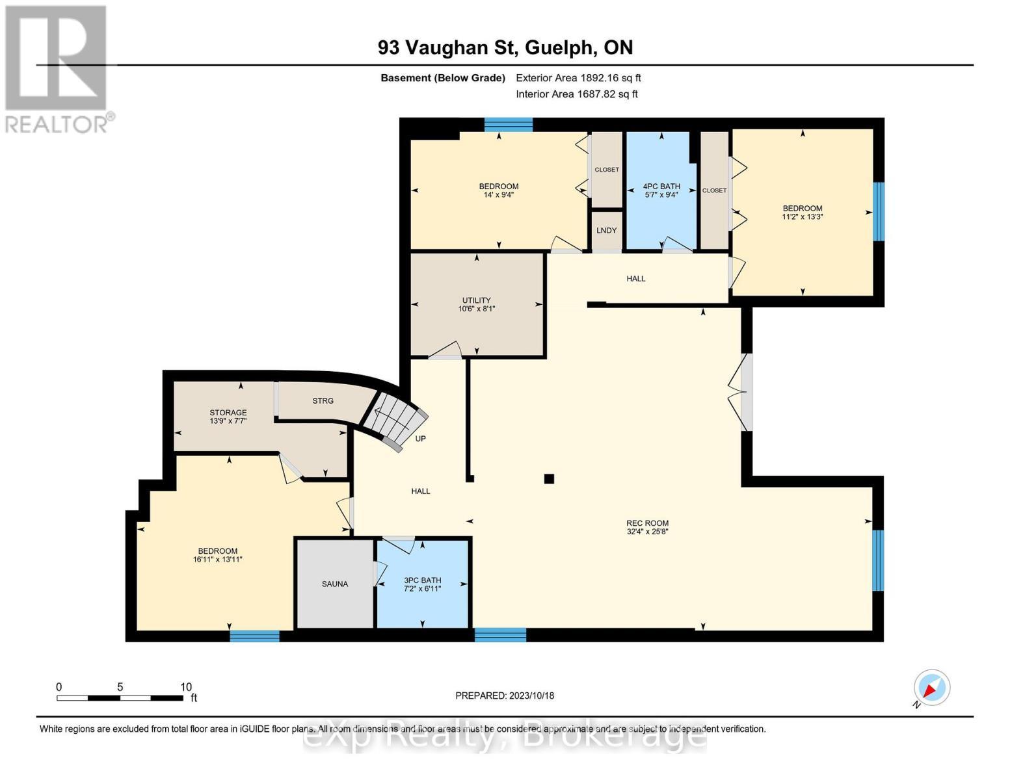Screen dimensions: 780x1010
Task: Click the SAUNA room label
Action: coord(335,584)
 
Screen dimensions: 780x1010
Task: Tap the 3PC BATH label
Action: coord(423,580)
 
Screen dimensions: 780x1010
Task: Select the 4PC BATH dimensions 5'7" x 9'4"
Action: coord(661,194)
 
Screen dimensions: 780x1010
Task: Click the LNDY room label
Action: coord(607,231)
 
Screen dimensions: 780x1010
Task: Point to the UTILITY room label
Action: coord(477,300)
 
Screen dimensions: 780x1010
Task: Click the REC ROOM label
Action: coord(647,523)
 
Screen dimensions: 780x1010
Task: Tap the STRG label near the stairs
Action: coord(323,401)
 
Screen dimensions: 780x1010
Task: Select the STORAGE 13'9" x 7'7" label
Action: coord(228,417)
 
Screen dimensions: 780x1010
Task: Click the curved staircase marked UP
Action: coord(394,419)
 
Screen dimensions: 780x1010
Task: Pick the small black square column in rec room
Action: coord(549,479)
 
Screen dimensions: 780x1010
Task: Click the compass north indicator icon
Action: coord(931,688)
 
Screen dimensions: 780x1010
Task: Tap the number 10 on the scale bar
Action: coord(186,687)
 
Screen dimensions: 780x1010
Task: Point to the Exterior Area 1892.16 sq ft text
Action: coord(578,78)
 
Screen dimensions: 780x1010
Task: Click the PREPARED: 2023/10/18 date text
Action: coord(505,695)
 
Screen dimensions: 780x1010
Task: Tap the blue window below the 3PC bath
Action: coord(500,634)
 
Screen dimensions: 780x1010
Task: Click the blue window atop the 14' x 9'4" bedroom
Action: coord(509,124)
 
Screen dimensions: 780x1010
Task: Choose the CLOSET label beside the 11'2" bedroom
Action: coord(714,190)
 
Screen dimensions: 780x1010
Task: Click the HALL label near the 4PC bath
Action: coord(636,279)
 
